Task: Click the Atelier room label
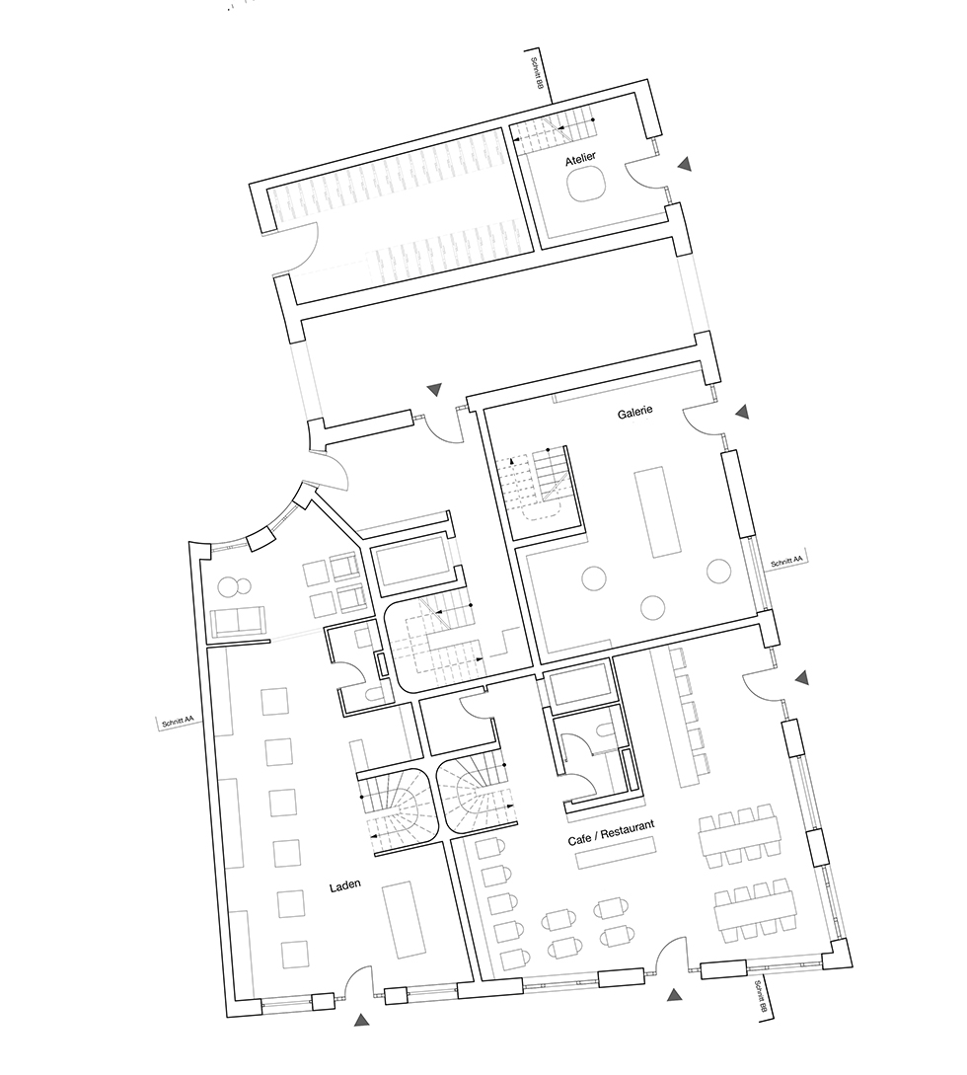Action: coord(580,159)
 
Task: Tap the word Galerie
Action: coord(634,412)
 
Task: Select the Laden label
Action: coord(344,885)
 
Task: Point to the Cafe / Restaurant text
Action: coord(611,831)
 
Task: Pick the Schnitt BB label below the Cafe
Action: coord(759,999)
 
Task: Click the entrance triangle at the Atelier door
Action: coord(684,164)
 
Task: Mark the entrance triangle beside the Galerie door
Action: coord(741,412)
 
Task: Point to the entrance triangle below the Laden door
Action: coord(362,1020)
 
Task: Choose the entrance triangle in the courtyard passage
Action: coord(434,389)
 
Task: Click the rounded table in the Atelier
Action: coord(586,185)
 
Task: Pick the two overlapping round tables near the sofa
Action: coord(235,587)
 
